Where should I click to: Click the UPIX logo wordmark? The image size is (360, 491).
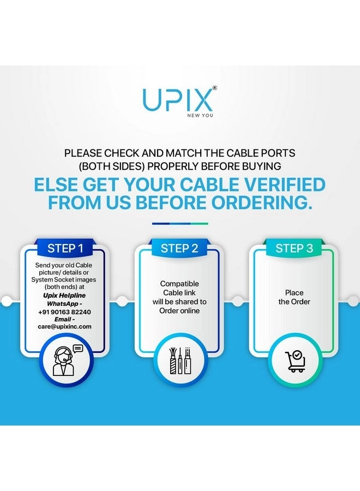point(177,99)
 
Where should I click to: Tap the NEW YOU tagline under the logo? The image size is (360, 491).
point(200,115)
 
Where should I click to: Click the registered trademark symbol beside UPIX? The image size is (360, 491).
point(214,88)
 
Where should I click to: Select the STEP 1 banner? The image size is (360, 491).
point(65,248)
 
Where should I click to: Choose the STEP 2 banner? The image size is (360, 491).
point(179,248)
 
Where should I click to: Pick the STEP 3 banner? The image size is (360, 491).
point(294,248)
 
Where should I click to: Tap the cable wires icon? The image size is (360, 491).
point(179,361)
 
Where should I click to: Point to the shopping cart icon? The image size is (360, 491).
point(295,361)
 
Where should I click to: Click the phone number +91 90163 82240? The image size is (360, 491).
point(64,312)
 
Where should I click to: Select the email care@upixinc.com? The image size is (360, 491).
point(64,327)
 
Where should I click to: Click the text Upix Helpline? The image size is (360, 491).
point(64,295)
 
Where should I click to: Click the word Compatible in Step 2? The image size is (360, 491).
point(179,284)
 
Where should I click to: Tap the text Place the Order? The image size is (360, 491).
point(294,297)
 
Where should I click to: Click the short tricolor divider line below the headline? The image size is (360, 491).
point(180,224)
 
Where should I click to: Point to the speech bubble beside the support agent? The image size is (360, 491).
point(77,349)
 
